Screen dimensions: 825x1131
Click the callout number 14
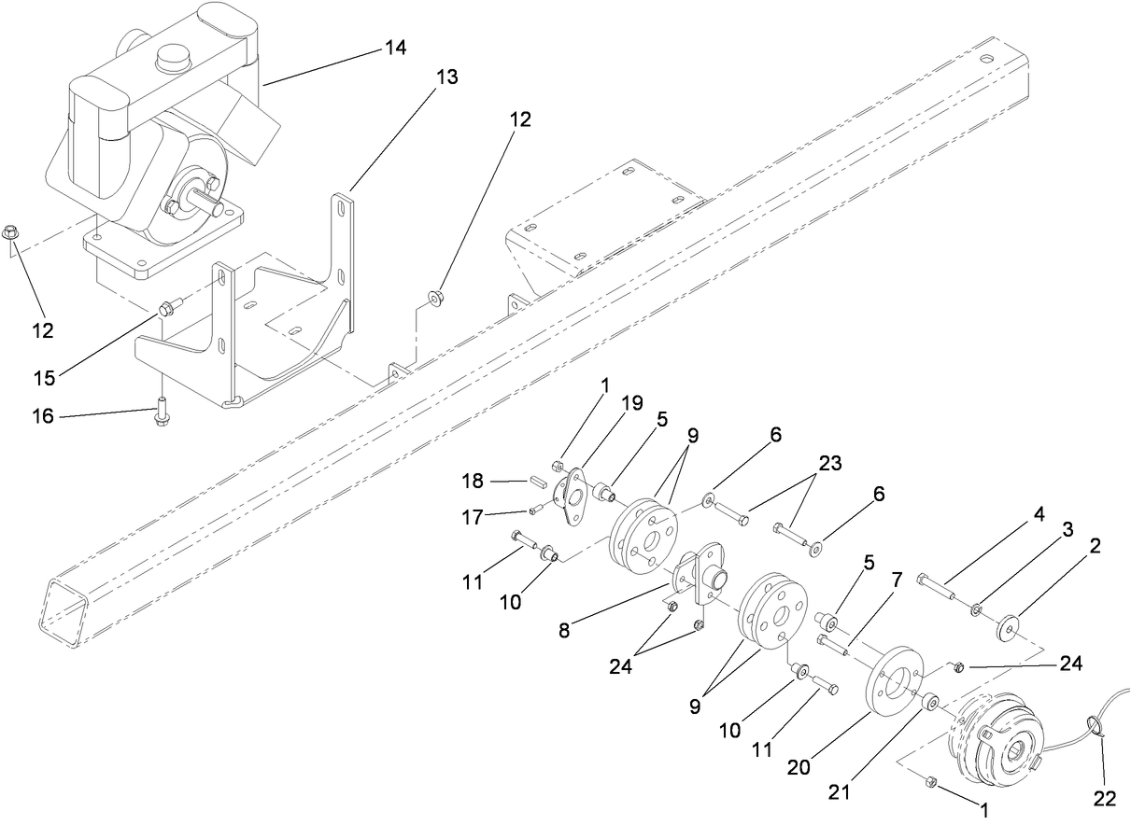coord(396,48)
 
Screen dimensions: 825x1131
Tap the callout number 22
coord(1104,799)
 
